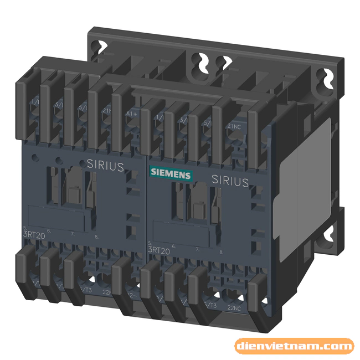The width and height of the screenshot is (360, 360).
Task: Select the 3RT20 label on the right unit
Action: coord(160,249)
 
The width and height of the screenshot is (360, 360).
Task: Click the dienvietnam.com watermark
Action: coord(294,347)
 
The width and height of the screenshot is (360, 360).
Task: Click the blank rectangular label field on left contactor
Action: coord(56,217)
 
